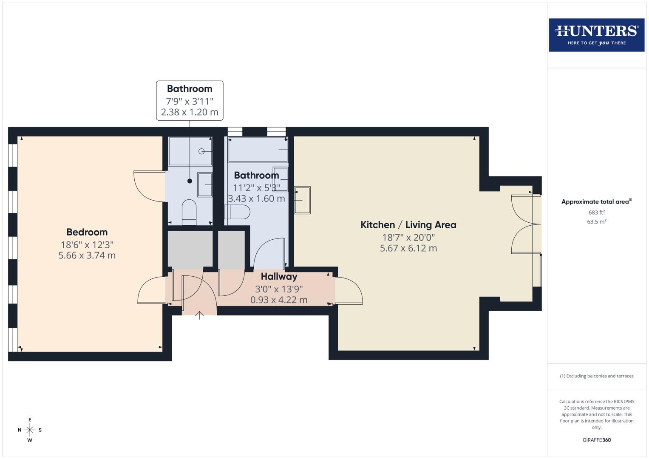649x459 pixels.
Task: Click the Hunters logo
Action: click(x=596, y=35)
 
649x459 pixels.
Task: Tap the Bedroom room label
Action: click(x=87, y=232)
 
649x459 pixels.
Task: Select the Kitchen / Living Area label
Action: click(x=408, y=225)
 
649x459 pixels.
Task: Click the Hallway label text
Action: click(x=279, y=277)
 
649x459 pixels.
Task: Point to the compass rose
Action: click(x=30, y=430)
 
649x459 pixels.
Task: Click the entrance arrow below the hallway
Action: click(x=199, y=315)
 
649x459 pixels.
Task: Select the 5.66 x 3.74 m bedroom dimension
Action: click(x=87, y=255)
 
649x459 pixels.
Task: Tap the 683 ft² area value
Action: click(x=596, y=212)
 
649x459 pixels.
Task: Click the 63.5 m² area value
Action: click(x=596, y=222)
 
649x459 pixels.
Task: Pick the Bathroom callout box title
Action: click(x=190, y=89)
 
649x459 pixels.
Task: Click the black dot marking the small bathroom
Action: click(x=190, y=181)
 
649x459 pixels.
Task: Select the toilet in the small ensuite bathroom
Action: click(x=189, y=211)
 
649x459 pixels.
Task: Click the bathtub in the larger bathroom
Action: click(x=258, y=150)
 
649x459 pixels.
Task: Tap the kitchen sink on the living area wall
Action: click(x=303, y=200)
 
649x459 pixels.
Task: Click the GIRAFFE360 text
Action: click(x=596, y=440)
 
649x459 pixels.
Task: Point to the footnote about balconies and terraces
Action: click(x=596, y=376)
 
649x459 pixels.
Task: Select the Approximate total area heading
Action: click(x=596, y=202)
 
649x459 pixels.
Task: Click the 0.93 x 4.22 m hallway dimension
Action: click(x=279, y=300)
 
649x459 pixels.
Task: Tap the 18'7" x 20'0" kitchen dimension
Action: click(x=408, y=238)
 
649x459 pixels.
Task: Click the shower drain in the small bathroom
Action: click(x=202, y=152)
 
